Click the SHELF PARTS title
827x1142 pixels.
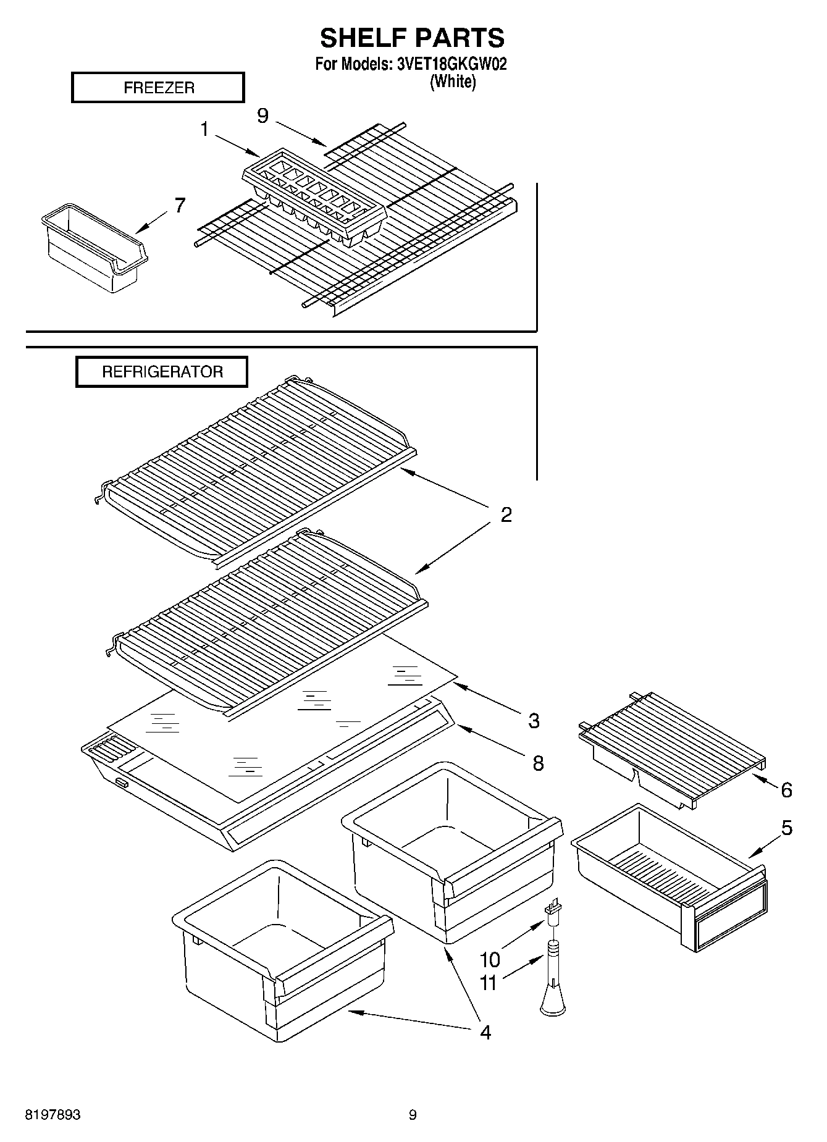412,38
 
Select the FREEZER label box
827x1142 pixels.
158,88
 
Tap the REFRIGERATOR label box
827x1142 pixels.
162,372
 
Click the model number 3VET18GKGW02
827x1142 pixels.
450,64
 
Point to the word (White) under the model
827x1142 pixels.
452,81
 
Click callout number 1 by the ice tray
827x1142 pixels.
204,130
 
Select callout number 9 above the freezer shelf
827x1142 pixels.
263,115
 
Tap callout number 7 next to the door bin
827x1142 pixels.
179,205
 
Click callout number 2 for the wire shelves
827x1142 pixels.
506,514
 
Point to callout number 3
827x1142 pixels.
534,720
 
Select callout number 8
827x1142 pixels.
538,763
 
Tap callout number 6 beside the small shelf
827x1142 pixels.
786,789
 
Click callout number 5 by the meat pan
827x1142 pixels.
786,828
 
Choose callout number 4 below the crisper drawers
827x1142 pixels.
485,1032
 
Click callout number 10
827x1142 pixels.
490,959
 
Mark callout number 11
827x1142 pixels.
489,983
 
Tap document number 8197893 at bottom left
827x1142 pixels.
52,1115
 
